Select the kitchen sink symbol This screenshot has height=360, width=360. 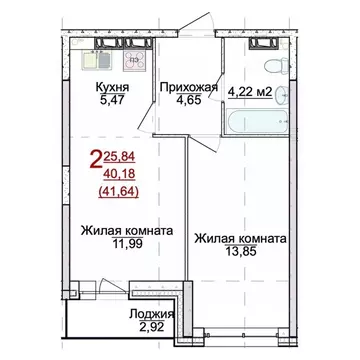pos(92,61)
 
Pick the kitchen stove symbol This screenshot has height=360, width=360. pos(132,61)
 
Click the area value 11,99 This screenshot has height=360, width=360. pos(125,244)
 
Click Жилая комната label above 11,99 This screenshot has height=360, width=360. pos(125,230)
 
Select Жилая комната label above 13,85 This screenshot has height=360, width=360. pos(241,239)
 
